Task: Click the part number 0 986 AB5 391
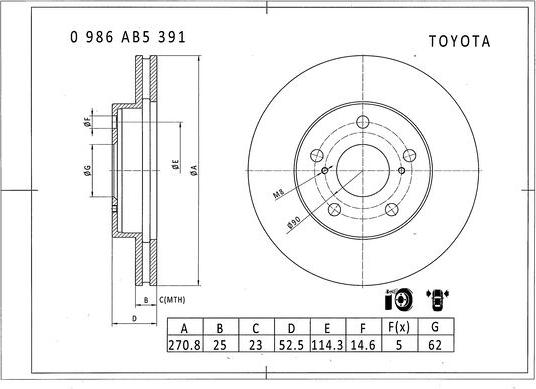127,36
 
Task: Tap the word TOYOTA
459,43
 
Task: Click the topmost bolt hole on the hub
363,123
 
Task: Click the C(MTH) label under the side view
172,299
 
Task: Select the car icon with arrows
436,299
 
